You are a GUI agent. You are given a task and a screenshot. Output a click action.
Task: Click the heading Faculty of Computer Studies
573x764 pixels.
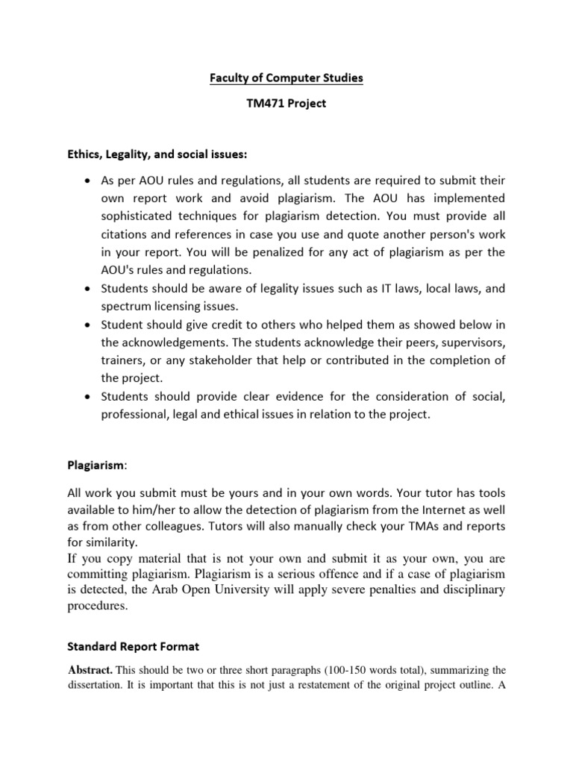click(286, 77)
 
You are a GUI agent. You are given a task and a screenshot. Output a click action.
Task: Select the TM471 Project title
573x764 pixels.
click(286, 104)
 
